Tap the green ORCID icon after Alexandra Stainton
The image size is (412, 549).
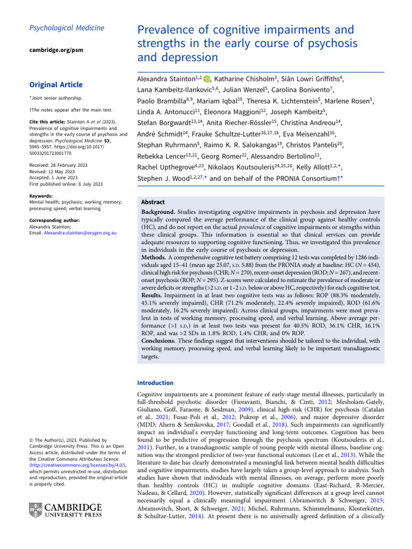tap(207, 79)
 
